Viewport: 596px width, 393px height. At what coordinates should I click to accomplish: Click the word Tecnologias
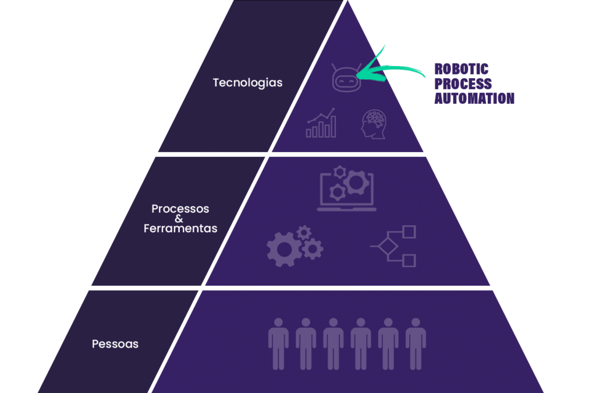(x=247, y=83)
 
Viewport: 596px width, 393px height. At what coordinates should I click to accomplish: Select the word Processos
(x=180, y=208)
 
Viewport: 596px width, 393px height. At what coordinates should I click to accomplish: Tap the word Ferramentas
(x=180, y=229)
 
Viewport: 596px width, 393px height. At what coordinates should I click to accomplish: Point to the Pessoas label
(x=115, y=344)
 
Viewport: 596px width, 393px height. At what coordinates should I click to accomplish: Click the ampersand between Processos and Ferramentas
(x=179, y=219)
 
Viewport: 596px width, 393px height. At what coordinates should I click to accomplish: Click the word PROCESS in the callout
(x=463, y=84)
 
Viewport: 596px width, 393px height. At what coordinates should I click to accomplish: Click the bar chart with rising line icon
(x=321, y=122)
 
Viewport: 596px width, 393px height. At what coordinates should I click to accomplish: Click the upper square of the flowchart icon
(x=409, y=231)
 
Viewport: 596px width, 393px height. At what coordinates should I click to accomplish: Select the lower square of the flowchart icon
(x=409, y=261)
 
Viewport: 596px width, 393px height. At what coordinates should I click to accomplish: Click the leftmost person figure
(x=278, y=343)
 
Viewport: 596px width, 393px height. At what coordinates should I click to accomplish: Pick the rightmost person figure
(x=416, y=343)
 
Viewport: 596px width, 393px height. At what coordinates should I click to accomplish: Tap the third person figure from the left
(x=334, y=343)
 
